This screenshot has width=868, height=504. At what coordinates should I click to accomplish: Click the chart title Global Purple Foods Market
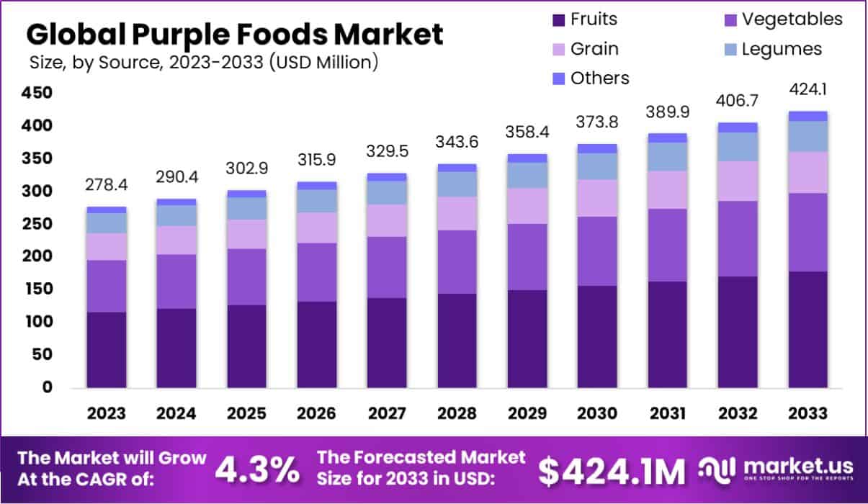pos(235,34)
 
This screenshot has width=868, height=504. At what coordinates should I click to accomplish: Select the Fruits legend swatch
pos(556,19)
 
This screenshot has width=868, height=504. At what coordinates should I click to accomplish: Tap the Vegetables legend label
pos(792,19)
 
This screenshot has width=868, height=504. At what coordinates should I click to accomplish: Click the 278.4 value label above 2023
pos(106,186)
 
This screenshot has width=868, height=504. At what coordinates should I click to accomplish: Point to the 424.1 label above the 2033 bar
pos(807,91)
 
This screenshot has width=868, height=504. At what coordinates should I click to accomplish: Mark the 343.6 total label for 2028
pos(457,143)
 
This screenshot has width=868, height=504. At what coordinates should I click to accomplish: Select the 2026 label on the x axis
pos(317,413)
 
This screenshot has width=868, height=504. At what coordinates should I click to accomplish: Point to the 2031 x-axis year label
pos(668,413)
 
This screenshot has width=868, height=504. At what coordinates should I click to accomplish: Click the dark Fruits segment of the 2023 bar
pos(107,350)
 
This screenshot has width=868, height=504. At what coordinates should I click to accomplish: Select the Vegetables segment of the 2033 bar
pos(807,232)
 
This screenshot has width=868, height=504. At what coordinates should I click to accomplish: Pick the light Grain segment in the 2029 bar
pos(527,206)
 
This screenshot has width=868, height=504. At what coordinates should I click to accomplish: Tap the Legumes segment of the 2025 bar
pos(247,208)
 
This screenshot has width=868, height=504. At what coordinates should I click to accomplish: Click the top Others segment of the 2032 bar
pos(738,127)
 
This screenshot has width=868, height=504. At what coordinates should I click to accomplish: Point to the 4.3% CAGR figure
pos(257,470)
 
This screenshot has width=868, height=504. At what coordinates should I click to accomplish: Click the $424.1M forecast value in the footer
pos(612,470)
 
